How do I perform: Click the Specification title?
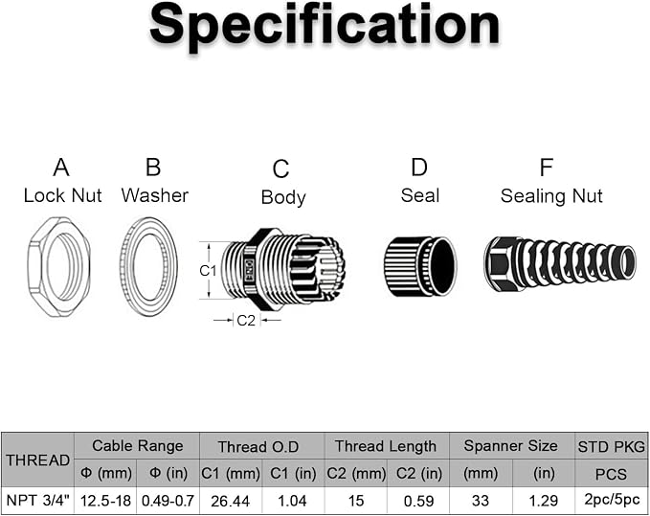pyautogui.click(x=325, y=26)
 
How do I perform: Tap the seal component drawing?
pyautogui.click(x=419, y=266)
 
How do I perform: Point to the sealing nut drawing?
pyautogui.click(x=560, y=263)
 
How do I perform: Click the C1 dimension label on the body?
pyautogui.click(x=208, y=271)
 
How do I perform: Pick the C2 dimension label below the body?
pyautogui.click(x=246, y=321)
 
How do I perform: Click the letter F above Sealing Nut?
pyautogui.click(x=547, y=168)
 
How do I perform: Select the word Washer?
pyautogui.click(x=155, y=195)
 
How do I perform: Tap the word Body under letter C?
pyautogui.click(x=283, y=197)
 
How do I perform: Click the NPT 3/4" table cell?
pyautogui.click(x=37, y=501)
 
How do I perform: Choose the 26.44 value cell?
pyautogui.click(x=230, y=501)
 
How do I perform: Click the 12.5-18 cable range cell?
pyautogui.click(x=105, y=501)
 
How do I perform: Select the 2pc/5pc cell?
pyautogui.click(x=612, y=501)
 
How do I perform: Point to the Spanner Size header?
pyautogui.click(x=511, y=446)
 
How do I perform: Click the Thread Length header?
pyautogui.click(x=386, y=446)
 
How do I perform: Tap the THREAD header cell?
pyautogui.click(x=37, y=460)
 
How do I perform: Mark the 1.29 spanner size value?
pyautogui.click(x=544, y=501)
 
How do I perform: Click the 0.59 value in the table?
pyautogui.click(x=418, y=501)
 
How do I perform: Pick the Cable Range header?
pyautogui.click(x=137, y=446)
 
